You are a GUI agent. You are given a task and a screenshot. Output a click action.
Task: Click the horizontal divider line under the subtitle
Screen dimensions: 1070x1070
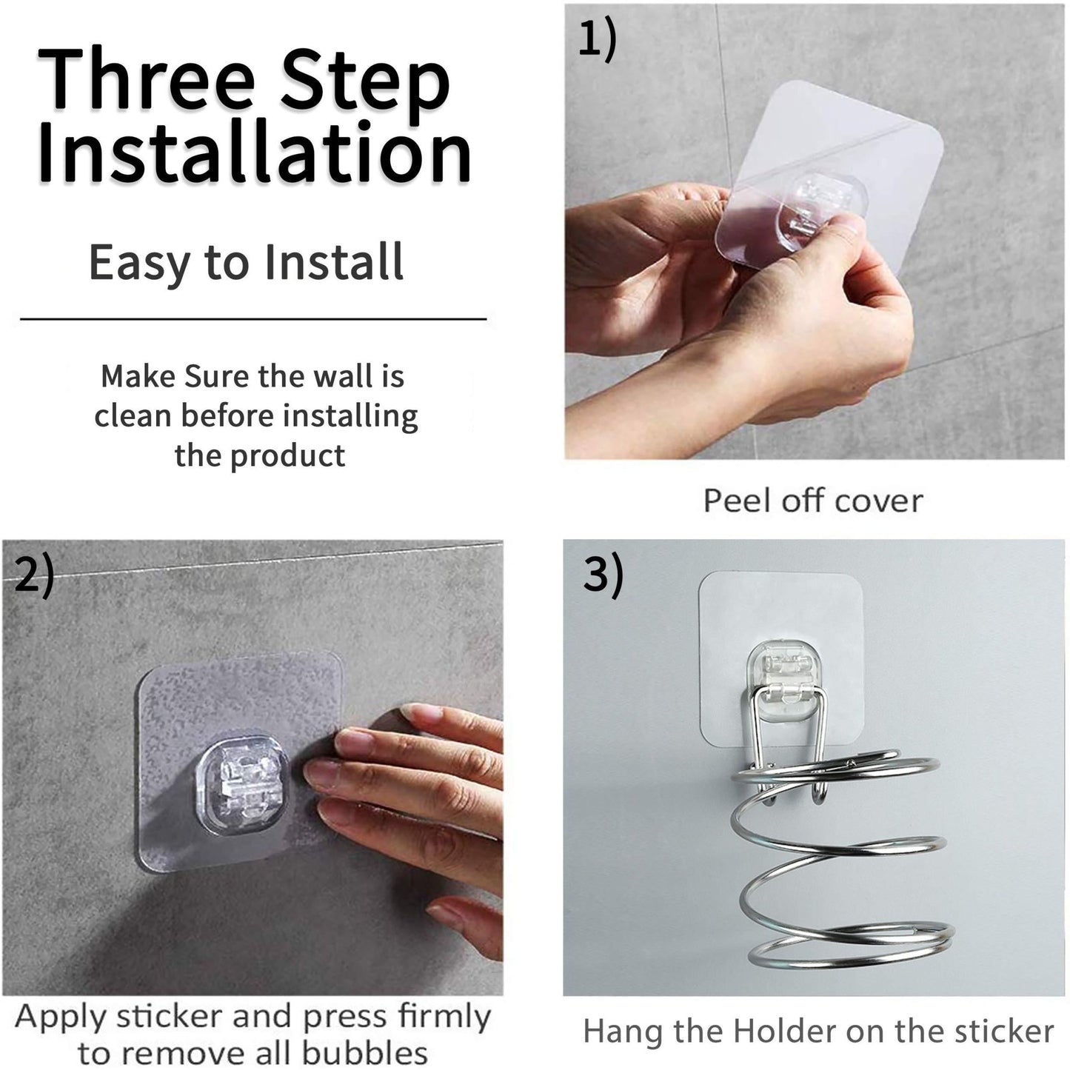point(253,319)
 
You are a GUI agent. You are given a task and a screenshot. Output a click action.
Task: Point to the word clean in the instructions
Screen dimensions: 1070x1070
point(133,416)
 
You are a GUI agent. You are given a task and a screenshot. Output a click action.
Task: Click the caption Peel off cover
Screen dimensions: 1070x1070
point(813,501)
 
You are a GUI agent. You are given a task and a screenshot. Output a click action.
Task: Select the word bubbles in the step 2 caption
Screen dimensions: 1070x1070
point(365,1051)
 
